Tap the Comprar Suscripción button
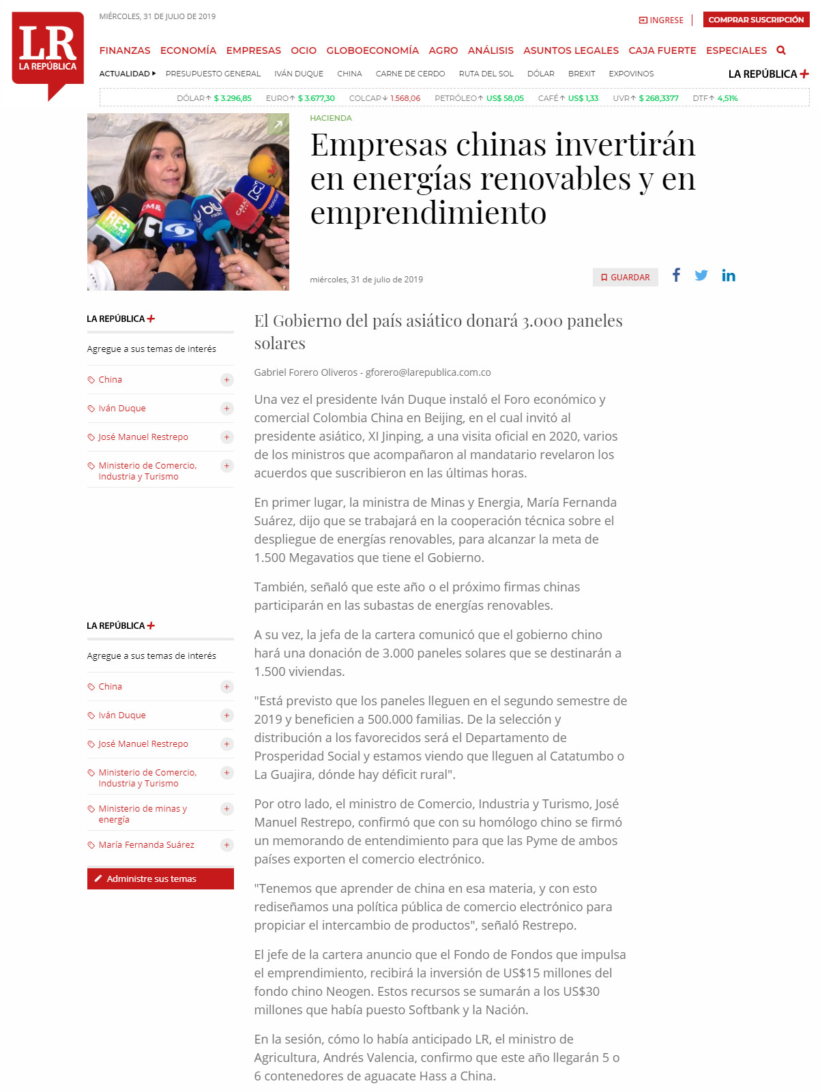point(756,20)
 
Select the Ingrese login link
point(661,20)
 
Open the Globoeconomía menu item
point(372,50)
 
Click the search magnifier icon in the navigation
point(781,50)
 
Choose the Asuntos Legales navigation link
point(570,50)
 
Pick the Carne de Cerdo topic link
point(410,74)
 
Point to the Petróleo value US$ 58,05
point(505,98)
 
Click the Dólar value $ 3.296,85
point(233,98)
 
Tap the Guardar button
point(625,278)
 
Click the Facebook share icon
point(676,275)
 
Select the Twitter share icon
point(701,276)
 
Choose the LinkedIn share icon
point(729,276)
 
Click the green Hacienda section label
point(331,118)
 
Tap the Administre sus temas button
point(160,879)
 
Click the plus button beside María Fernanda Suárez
point(227,845)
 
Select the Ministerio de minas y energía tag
point(143,814)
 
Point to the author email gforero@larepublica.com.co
point(428,372)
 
